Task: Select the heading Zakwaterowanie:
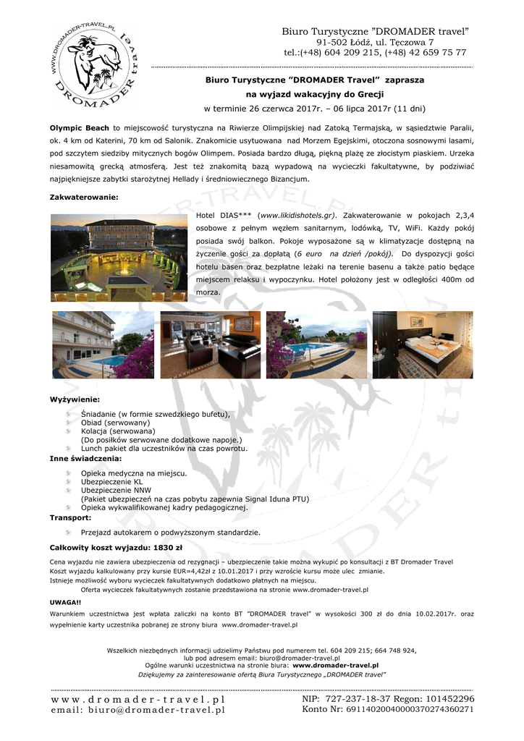84,197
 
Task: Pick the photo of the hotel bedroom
423,344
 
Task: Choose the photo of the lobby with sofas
210,344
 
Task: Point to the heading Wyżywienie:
75,400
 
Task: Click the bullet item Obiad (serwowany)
115,422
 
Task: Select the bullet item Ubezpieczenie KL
112,481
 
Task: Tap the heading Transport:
71,517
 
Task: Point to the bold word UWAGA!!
65,602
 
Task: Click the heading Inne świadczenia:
85,459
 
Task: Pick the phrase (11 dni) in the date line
410,109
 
